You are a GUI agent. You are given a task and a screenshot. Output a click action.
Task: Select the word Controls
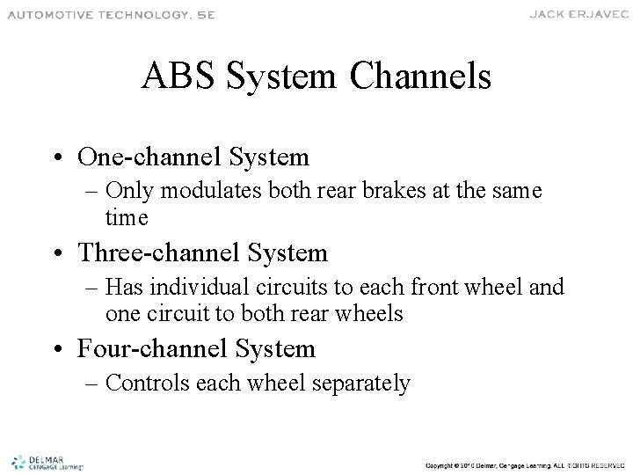[168, 383]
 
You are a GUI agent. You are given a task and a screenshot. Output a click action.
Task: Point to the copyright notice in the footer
[522, 464]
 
